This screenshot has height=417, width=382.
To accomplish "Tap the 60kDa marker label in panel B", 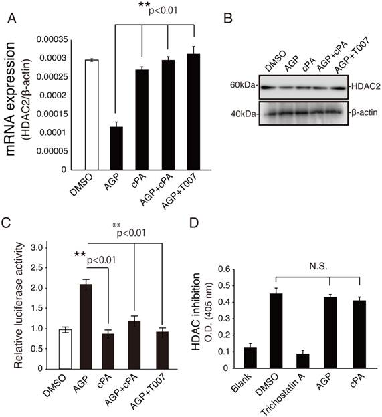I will pos(244,86).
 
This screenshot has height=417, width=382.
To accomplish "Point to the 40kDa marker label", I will pos(244,112).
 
